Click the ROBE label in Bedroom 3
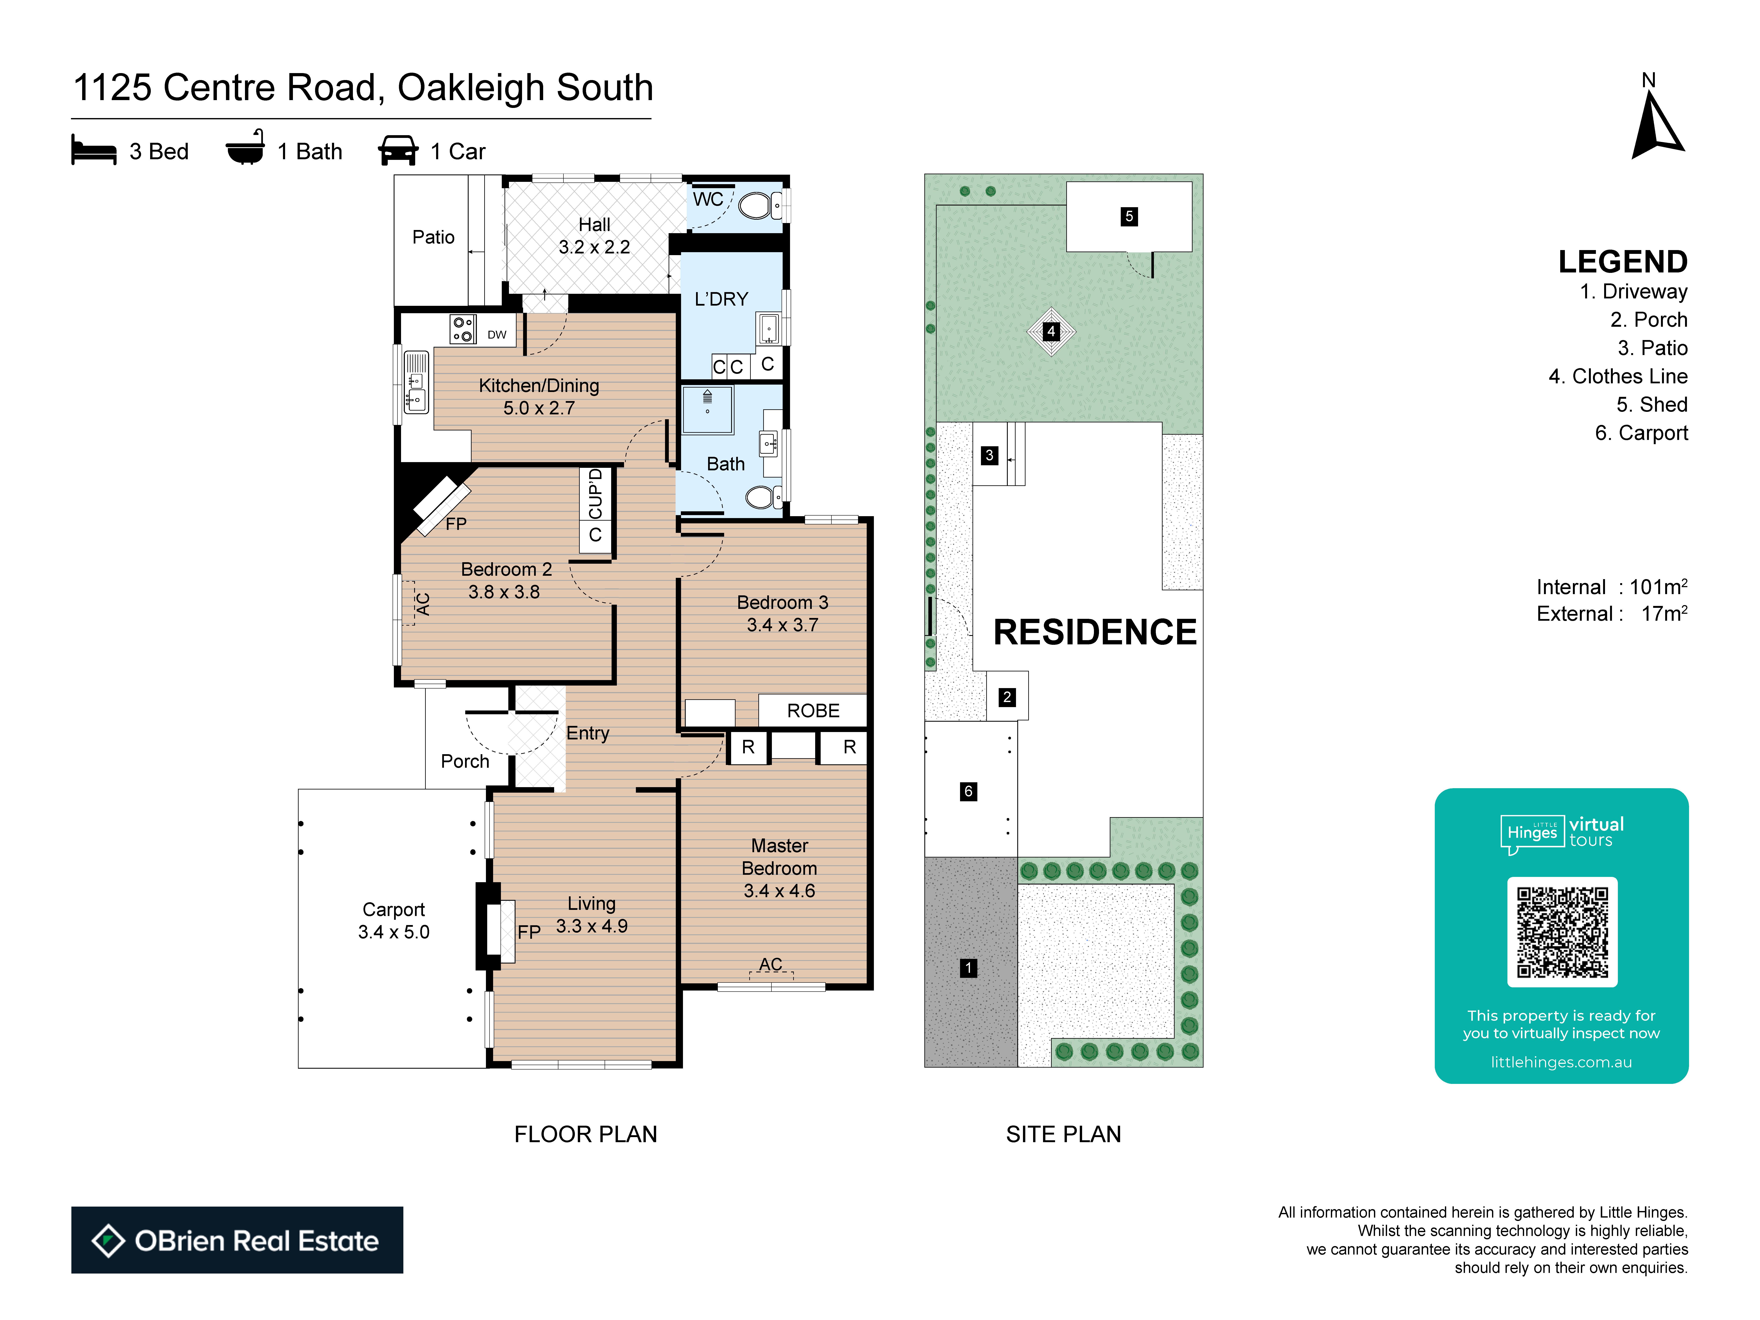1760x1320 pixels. click(813, 710)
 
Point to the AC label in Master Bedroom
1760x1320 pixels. click(770, 964)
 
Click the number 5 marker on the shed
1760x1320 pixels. click(1129, 216)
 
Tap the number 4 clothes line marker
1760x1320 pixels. click(1051, 331)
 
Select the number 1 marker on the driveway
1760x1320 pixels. click(968, 968)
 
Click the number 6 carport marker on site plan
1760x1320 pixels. click(968, 791)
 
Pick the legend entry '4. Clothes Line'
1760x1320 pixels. click(1618, 376)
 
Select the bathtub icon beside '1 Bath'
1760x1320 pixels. click(245, 148)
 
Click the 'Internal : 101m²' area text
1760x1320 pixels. click(1612, 587)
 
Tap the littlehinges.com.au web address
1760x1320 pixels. click(1561, 1062)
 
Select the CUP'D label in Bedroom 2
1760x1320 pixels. click(595, 494)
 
